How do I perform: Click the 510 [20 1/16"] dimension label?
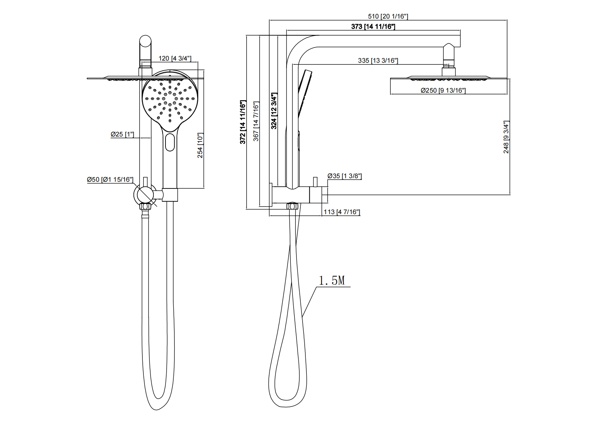[x=388, y=16]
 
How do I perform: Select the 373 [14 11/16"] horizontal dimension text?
[x=373, y=26]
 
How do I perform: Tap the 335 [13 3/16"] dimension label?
[x=378, y=61]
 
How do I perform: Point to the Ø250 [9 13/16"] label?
[x=443, y=91]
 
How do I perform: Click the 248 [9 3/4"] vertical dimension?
[x=506, y=137]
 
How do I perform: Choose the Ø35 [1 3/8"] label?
[x=345, y=176]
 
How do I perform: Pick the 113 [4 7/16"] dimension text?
[x=342, y=212]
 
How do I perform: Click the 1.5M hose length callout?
[x=332, y=281]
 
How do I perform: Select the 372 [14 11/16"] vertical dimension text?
[x=243, y=122]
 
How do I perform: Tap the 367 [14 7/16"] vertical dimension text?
[x=256, y=121]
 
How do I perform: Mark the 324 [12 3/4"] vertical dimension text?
[x=274, y=111]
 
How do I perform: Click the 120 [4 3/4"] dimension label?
[x=175, y=58]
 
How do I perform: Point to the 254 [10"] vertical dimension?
[x=200, y=145]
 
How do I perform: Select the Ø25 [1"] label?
[x=122, y=134]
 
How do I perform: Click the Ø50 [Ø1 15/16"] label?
[x=110, y=180]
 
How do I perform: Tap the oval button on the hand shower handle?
[x=170, y=142]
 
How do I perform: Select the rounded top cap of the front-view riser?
[x=145, y=41]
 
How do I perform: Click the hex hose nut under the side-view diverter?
[x=292, y=206]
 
